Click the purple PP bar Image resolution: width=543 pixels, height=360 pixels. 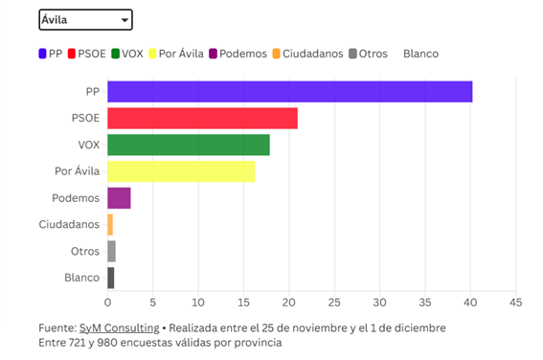289,92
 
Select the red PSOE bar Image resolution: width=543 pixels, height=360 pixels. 202,119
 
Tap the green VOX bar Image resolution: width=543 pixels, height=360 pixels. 188,145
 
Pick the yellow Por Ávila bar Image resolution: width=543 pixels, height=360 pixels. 181,171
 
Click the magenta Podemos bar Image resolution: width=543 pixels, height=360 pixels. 119,198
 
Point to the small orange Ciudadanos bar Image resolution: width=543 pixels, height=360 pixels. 110,225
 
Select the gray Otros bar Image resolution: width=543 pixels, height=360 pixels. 111,251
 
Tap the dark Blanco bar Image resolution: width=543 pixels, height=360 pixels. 111,278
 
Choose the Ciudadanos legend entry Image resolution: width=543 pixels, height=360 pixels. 307,54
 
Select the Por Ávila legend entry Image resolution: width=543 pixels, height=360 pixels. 178,54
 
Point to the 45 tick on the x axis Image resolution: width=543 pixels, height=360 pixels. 515,304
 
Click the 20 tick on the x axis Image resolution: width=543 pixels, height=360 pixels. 288,304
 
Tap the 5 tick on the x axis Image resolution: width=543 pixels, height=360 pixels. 152,304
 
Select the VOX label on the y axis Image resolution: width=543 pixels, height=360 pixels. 88,145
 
